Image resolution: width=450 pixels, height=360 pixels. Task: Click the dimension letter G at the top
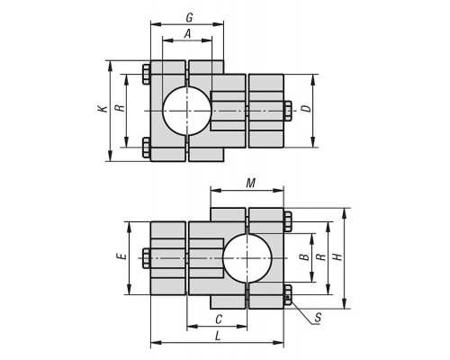(x=189, y=18)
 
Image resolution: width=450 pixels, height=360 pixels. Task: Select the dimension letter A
(x=187, y=34)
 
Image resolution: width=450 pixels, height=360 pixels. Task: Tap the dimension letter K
(x=103, y=109)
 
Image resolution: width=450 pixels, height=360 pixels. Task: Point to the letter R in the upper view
(x=121, y=108)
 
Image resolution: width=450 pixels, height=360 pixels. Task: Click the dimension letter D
(x=307, y=108)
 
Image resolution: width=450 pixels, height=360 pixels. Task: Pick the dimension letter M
(x=250, y=183)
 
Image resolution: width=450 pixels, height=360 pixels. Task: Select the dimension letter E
(x=121, y=256)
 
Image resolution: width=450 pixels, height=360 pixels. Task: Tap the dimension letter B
(x=304, y=256)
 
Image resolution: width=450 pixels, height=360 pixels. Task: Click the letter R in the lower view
(x=321, y=256)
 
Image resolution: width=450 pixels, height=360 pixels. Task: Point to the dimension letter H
(x=337, y=256)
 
